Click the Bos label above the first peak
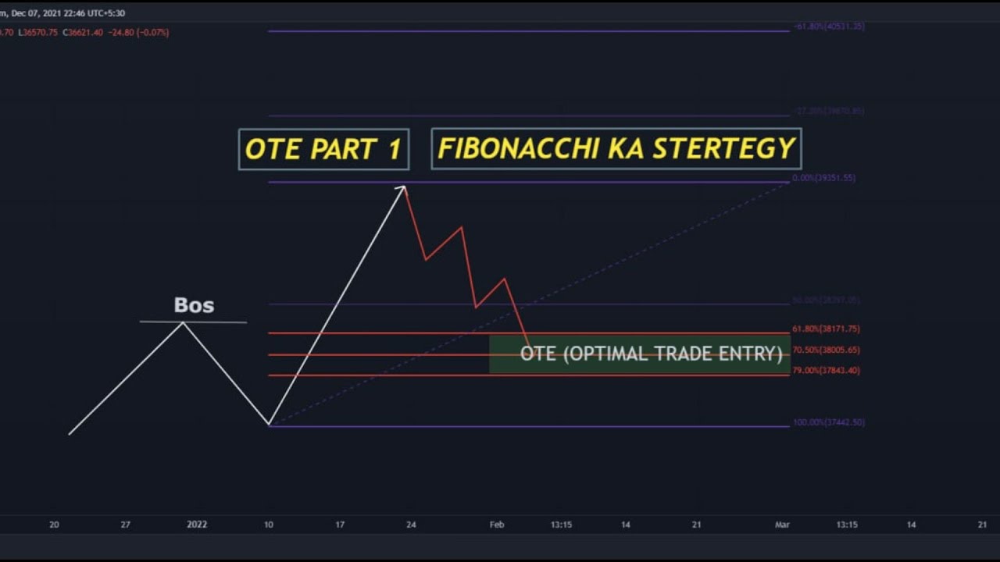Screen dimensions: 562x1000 [x=194, y=305]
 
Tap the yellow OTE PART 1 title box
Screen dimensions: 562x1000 [x=323, y=149]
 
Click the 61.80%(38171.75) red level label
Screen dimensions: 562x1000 [x=826, y=329]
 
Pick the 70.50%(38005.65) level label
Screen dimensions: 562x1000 [x=826, y=350]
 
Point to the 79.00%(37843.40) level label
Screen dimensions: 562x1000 [x=826, y=371]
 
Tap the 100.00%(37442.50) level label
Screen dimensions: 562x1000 [x=828, y=422]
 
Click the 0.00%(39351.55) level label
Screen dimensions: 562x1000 [x=823, y=178]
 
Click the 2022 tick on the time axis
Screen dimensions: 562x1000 [x=197, y=525]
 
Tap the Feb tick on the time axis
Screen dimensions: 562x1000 [x=497, y=525]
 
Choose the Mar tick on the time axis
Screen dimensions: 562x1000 [x=782, y=525]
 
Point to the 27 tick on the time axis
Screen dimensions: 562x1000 [x=125, y=525]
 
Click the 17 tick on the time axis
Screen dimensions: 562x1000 [x=340, y=525]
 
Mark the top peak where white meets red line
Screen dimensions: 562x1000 [x=404, y=187]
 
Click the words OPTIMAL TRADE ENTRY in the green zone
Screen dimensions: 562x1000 [x=673, y=354]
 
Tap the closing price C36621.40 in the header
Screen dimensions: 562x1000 [x=82, y=33]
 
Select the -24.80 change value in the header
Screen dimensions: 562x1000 [x=121, y=33]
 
